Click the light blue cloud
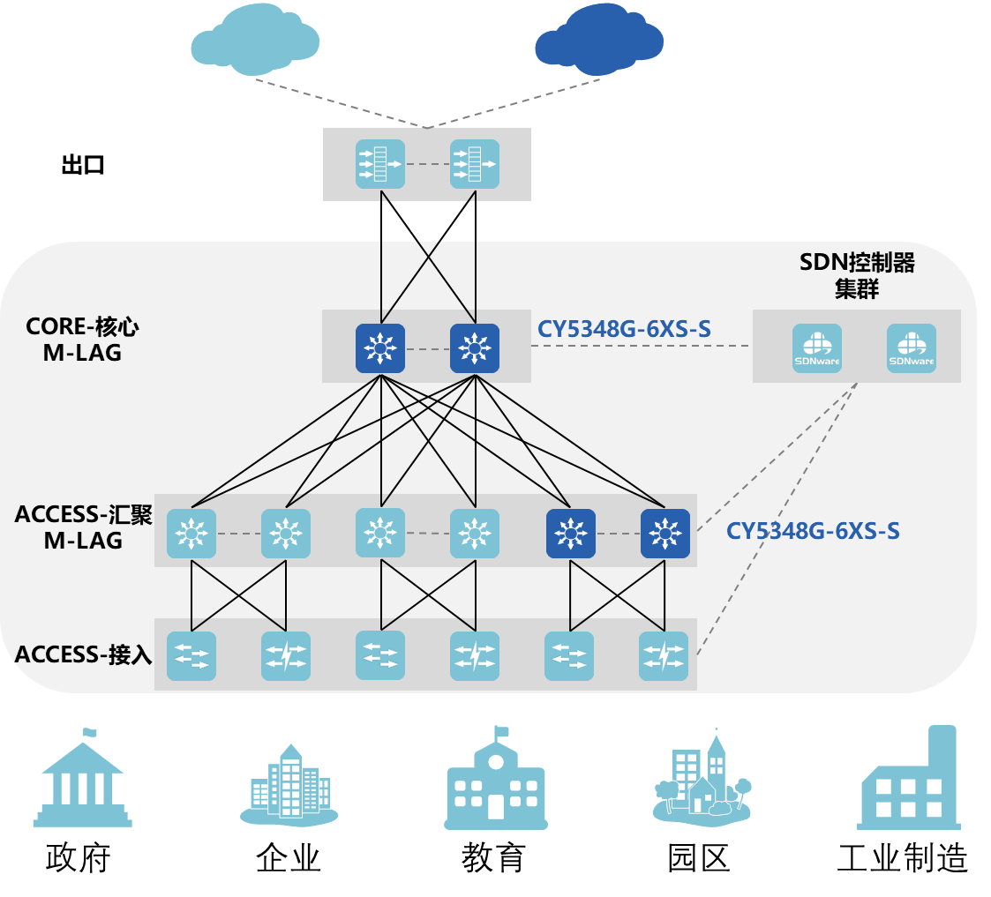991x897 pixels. pyautogui.click(x=255, y=40)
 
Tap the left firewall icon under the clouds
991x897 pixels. pyautogui.click(x=380, y=164)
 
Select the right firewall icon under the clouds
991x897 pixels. pyautogui.click(x=475, y=164)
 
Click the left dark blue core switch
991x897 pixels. pyautogui.click(x=380, y=348)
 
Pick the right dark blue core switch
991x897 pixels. pyautogui.click(x=475, y=348)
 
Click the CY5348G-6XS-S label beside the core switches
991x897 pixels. pyautogui.click(x=624, y=330)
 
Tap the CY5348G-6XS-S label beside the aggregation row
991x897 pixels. pyautogui.click(x=813, y=531)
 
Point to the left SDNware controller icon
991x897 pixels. pyautogui.click(x=816, y=348)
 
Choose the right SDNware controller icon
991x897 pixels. pyautogui.click(x=911, y=348)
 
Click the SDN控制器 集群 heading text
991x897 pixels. pyautogui.click(x=857, y=275)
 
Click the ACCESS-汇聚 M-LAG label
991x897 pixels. pyautogui.click(x=83, y=527)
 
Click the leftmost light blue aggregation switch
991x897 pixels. pyautogui.click(x=191, y=534)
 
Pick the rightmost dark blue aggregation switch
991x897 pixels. pyautogui.click(x=664, y=534)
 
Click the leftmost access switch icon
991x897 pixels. pyautogui.click(x=191, y=656)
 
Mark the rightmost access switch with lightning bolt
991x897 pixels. pyautogui.click(x=664, y=656)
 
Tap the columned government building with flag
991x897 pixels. pyautogui.click(x=85, y=781)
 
